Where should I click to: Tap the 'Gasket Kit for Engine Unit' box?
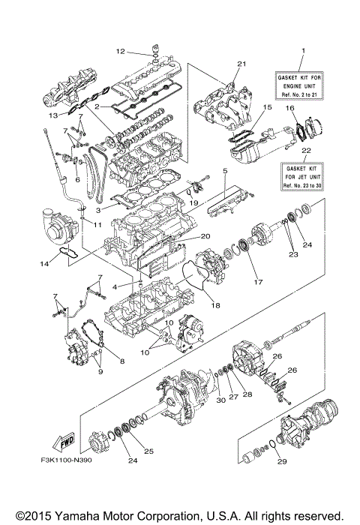(x=304, y=82)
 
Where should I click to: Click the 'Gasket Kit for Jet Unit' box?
(x=304, y=178)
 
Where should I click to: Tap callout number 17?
(x=260, y=283)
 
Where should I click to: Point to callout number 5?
(x=224, y=172)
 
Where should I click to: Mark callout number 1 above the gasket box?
(x=304, y=51)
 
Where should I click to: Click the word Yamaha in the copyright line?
(x=73, y=516)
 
